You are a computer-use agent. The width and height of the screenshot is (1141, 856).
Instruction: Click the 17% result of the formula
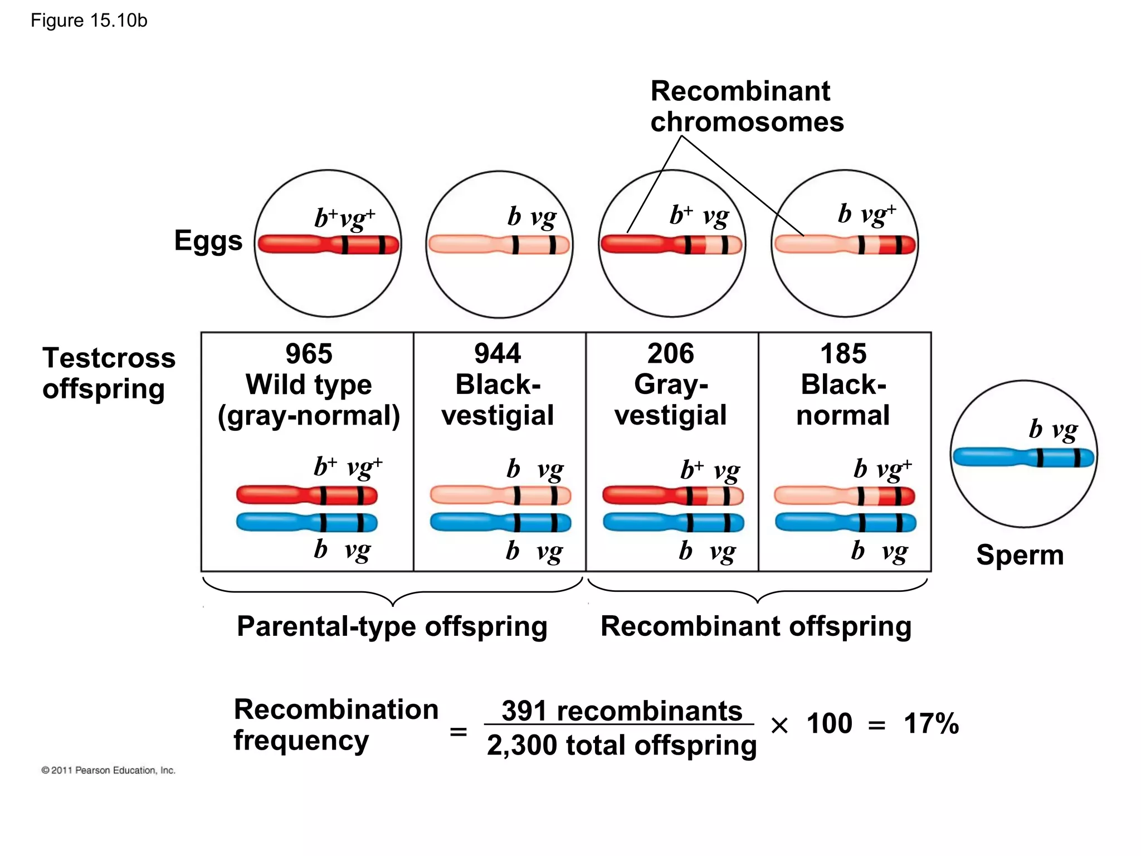[931, 724]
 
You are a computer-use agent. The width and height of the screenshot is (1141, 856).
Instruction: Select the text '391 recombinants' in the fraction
[622, 711]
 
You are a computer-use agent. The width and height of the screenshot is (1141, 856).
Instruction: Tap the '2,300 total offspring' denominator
[622, 745]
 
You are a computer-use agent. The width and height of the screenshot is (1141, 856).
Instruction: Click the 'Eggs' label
[208, 241]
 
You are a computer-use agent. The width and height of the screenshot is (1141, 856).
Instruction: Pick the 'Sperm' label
[1020, 555]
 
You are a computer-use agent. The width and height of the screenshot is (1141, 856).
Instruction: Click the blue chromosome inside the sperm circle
[1023, 458]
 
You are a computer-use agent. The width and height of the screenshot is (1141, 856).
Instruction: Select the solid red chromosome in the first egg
[328, 245]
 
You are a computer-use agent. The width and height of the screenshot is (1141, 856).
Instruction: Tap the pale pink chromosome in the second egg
[499, 245]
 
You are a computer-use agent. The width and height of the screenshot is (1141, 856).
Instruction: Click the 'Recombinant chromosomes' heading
[747, 106]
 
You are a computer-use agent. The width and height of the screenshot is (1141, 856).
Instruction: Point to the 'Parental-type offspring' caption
[392, 626]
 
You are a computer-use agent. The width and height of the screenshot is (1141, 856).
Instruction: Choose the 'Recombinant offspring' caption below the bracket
[756, 626]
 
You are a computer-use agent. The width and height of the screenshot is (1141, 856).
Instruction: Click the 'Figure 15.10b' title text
[89, 21]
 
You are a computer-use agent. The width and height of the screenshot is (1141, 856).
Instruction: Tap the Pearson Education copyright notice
[109, 770]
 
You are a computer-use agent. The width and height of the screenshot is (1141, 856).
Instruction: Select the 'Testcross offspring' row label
[109, 373]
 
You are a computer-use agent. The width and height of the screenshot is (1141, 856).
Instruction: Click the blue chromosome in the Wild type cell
[307, 523]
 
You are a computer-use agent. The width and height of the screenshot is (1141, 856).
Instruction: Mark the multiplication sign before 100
[779, 725]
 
